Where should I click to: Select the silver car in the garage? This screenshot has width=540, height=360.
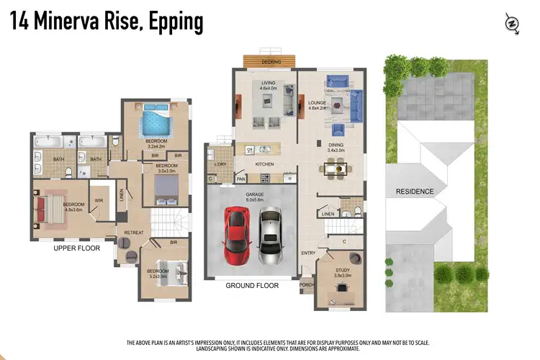click(269, 235)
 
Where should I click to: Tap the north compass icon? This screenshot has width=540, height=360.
click(512, 23)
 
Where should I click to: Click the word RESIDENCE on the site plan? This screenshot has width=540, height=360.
click(414, 192)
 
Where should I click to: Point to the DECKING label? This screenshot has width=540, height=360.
click(271, 63)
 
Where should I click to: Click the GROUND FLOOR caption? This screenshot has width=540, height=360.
click(251, 286)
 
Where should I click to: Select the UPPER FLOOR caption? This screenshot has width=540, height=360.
click(77, 248)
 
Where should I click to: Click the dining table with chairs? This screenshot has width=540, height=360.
click(335, 169)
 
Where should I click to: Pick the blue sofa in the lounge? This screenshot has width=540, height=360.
click(356, 107)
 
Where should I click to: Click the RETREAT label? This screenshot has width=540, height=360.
click(134, 233)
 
